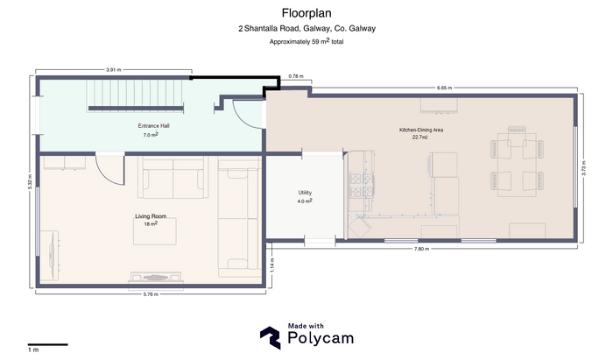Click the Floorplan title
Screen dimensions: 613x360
tap(306, 13)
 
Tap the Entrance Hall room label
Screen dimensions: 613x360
tap(153, 126)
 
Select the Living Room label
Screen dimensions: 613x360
tap(151, 216)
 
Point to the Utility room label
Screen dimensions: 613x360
tap(305, 193)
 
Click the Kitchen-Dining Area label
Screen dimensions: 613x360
tap(421, 130)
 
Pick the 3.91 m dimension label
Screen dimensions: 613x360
tap(113, 70)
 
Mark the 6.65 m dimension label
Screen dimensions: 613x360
tap(444, 88)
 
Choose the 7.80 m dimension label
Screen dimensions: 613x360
tap(421, 249)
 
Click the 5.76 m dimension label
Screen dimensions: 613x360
tap(151, 294)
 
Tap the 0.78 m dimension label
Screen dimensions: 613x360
tap(296, 76)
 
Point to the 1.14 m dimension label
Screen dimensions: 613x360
tap(272, 265)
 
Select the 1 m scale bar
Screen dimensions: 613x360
tap(47, 344)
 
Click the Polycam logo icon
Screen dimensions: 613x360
tap(270, 338)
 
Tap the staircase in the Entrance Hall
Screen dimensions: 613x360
tap(136, 96)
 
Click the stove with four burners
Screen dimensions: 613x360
tap(362, 185)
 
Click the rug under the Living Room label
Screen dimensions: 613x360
tap(155, 231)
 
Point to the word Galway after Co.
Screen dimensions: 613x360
tap(363, 28)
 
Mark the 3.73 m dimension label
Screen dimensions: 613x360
tap(584, 168)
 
